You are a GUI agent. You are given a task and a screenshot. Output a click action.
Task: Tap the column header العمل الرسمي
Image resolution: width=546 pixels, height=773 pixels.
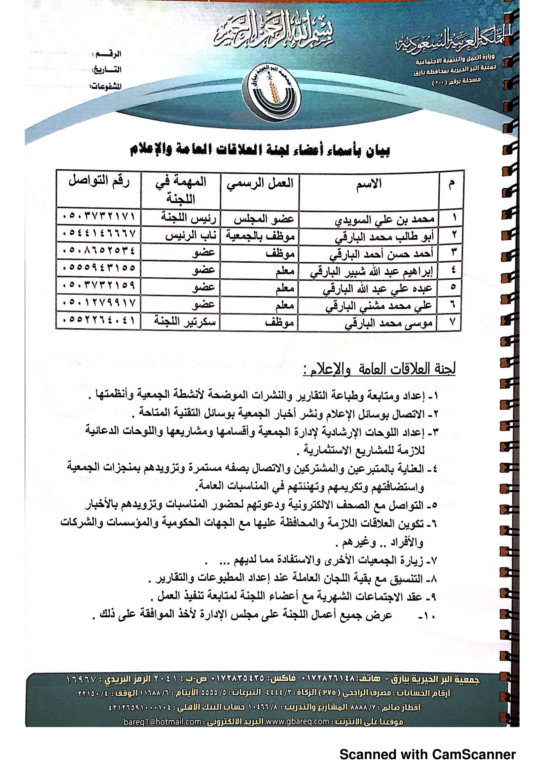click(260, 183)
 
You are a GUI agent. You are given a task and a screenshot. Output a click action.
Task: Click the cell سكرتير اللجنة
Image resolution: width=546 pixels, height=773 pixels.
click(185, 321)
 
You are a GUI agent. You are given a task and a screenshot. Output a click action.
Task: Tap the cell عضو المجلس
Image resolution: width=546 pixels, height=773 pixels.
click(264, 219)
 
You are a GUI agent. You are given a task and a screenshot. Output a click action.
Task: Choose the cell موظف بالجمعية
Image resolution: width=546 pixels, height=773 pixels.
click(260, 236)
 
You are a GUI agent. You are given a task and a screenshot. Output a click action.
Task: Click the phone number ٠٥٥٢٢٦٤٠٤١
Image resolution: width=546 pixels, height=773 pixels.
click(99, 320)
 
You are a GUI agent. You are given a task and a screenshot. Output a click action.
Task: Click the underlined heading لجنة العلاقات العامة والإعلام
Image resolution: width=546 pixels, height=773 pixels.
click(379, 369)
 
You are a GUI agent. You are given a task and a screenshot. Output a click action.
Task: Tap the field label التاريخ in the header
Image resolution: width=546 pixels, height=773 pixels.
click(107, 70)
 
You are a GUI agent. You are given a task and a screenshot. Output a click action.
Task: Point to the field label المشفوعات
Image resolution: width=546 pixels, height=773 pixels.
click(105, 87)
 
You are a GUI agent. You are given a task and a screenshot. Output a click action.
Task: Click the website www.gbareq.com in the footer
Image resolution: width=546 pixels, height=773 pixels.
click(297, 721)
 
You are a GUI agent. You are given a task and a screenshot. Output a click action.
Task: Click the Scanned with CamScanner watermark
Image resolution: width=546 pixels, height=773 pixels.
click(427, 754)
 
